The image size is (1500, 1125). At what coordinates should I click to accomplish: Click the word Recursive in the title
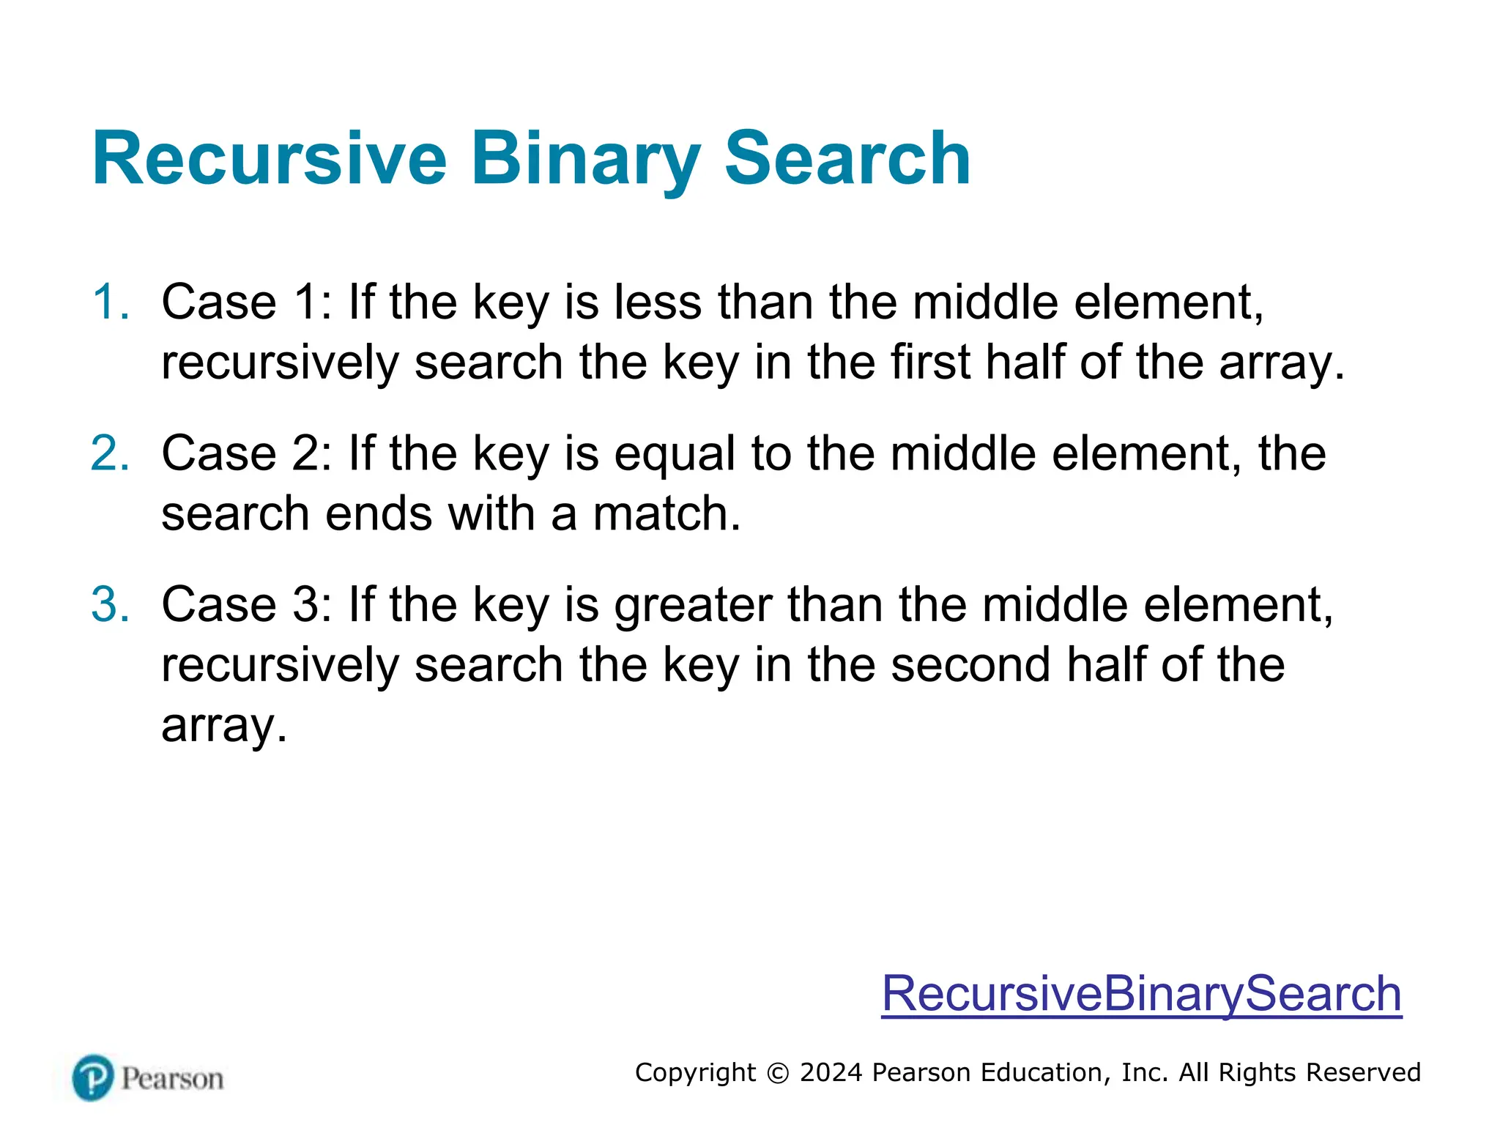click(x=269, y=159)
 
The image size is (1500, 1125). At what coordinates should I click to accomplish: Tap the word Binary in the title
click(x=585, y=159)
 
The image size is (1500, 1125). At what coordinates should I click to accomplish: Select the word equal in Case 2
click(x=674, y=453)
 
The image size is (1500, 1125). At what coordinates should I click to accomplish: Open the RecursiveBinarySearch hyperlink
click(x=1141, y=994)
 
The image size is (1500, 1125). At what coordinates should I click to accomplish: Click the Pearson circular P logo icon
click(x=93, y=1077)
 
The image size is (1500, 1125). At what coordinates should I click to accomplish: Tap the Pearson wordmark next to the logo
click(x=173, y=1079)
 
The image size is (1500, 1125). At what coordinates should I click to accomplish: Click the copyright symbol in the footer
click(x=778, y=1073)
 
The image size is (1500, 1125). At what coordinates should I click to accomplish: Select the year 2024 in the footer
click(x=831, y=1072)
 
